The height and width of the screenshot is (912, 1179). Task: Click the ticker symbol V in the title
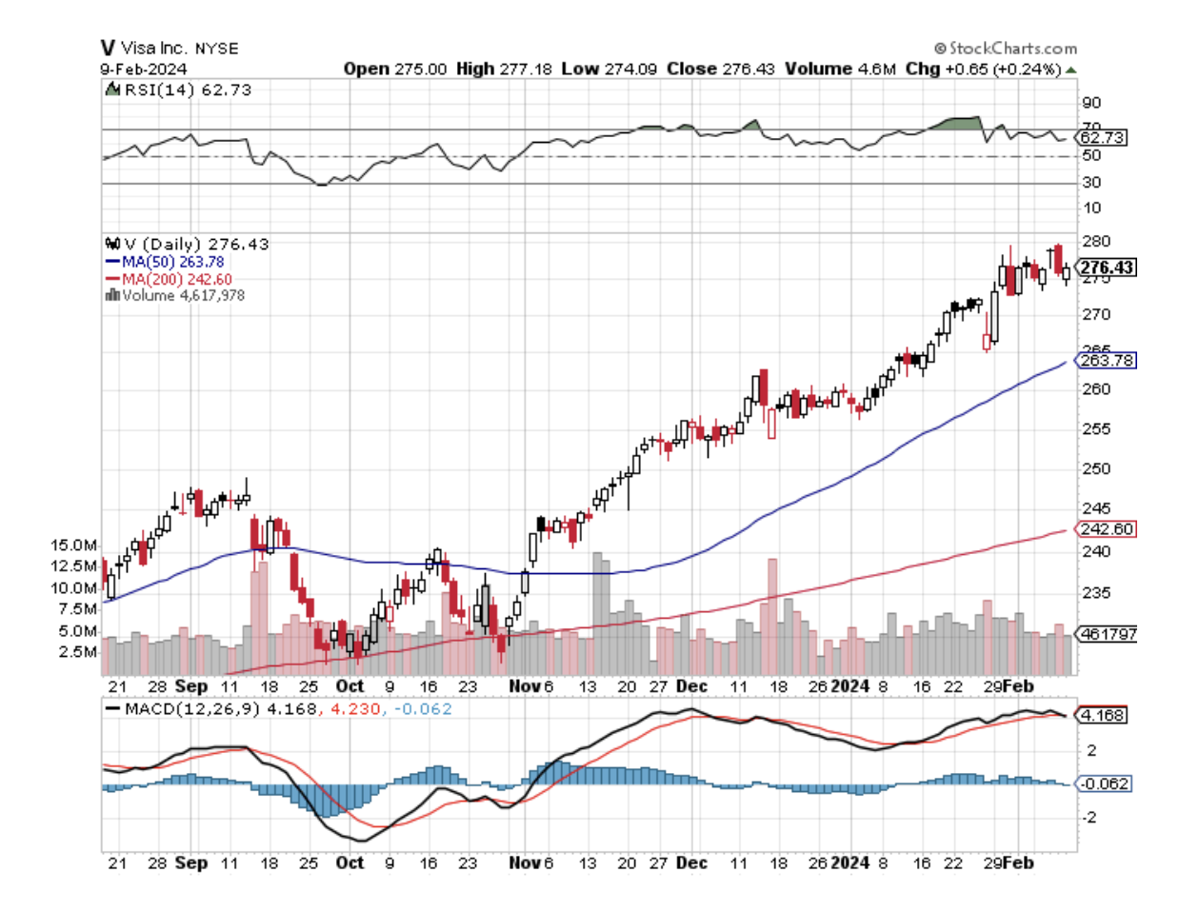(108, 48)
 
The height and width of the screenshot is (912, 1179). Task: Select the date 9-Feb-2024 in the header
(144, 69)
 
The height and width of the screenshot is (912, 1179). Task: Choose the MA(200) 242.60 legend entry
(176, 279)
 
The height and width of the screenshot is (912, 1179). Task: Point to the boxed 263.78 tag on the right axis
(1105, 360)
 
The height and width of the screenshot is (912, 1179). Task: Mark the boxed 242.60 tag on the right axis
(1105, 528)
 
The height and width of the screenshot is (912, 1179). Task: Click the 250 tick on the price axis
(1096, 468)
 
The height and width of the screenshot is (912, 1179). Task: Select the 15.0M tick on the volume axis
(73, 545)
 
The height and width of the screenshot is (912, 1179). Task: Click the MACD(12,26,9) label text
(191, 709)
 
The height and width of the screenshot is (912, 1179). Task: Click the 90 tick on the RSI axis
(1091, 103)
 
